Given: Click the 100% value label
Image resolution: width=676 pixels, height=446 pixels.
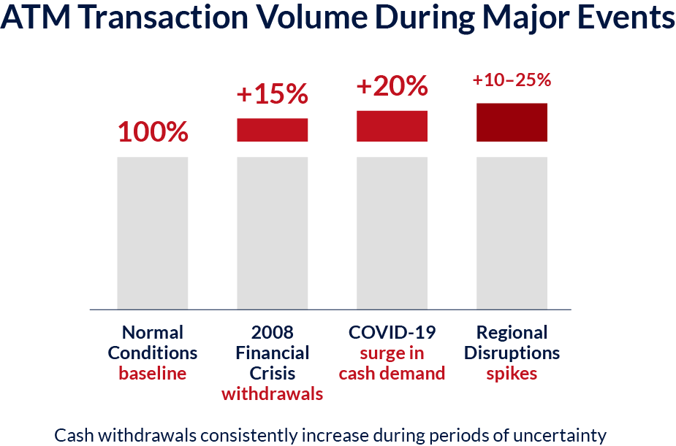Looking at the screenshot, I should point(153,132).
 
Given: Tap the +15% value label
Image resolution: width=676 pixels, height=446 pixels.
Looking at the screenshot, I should point(272,95).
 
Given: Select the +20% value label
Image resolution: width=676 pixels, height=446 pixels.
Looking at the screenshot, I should point(392,87).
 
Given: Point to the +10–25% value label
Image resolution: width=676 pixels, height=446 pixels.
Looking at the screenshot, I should point(512,80).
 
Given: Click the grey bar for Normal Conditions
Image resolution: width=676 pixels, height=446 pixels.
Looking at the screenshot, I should point(153,233).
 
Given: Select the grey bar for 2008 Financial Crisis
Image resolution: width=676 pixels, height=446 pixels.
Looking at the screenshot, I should point(273,233).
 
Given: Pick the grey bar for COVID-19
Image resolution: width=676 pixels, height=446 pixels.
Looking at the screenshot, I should point(392,233).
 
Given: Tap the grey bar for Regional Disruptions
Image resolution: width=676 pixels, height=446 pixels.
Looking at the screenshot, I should point(512,233).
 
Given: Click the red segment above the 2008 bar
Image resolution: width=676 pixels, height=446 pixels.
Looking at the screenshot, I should point(273,129).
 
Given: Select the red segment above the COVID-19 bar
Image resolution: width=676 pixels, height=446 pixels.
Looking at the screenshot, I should point(392,126).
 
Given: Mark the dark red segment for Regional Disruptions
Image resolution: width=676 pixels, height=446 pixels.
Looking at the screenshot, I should point(512,122).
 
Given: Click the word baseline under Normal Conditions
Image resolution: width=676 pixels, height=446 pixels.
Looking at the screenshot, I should point(153,374).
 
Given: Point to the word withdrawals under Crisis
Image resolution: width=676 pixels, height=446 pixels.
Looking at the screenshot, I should point(273,394).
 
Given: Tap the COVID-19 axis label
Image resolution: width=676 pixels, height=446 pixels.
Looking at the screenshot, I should point(392,332).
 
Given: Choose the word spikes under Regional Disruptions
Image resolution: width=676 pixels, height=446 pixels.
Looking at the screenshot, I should point(512,374).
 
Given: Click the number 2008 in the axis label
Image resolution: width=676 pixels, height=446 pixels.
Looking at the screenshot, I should point(273,332).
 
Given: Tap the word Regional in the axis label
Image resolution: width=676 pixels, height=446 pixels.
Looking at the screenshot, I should point(512,332).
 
